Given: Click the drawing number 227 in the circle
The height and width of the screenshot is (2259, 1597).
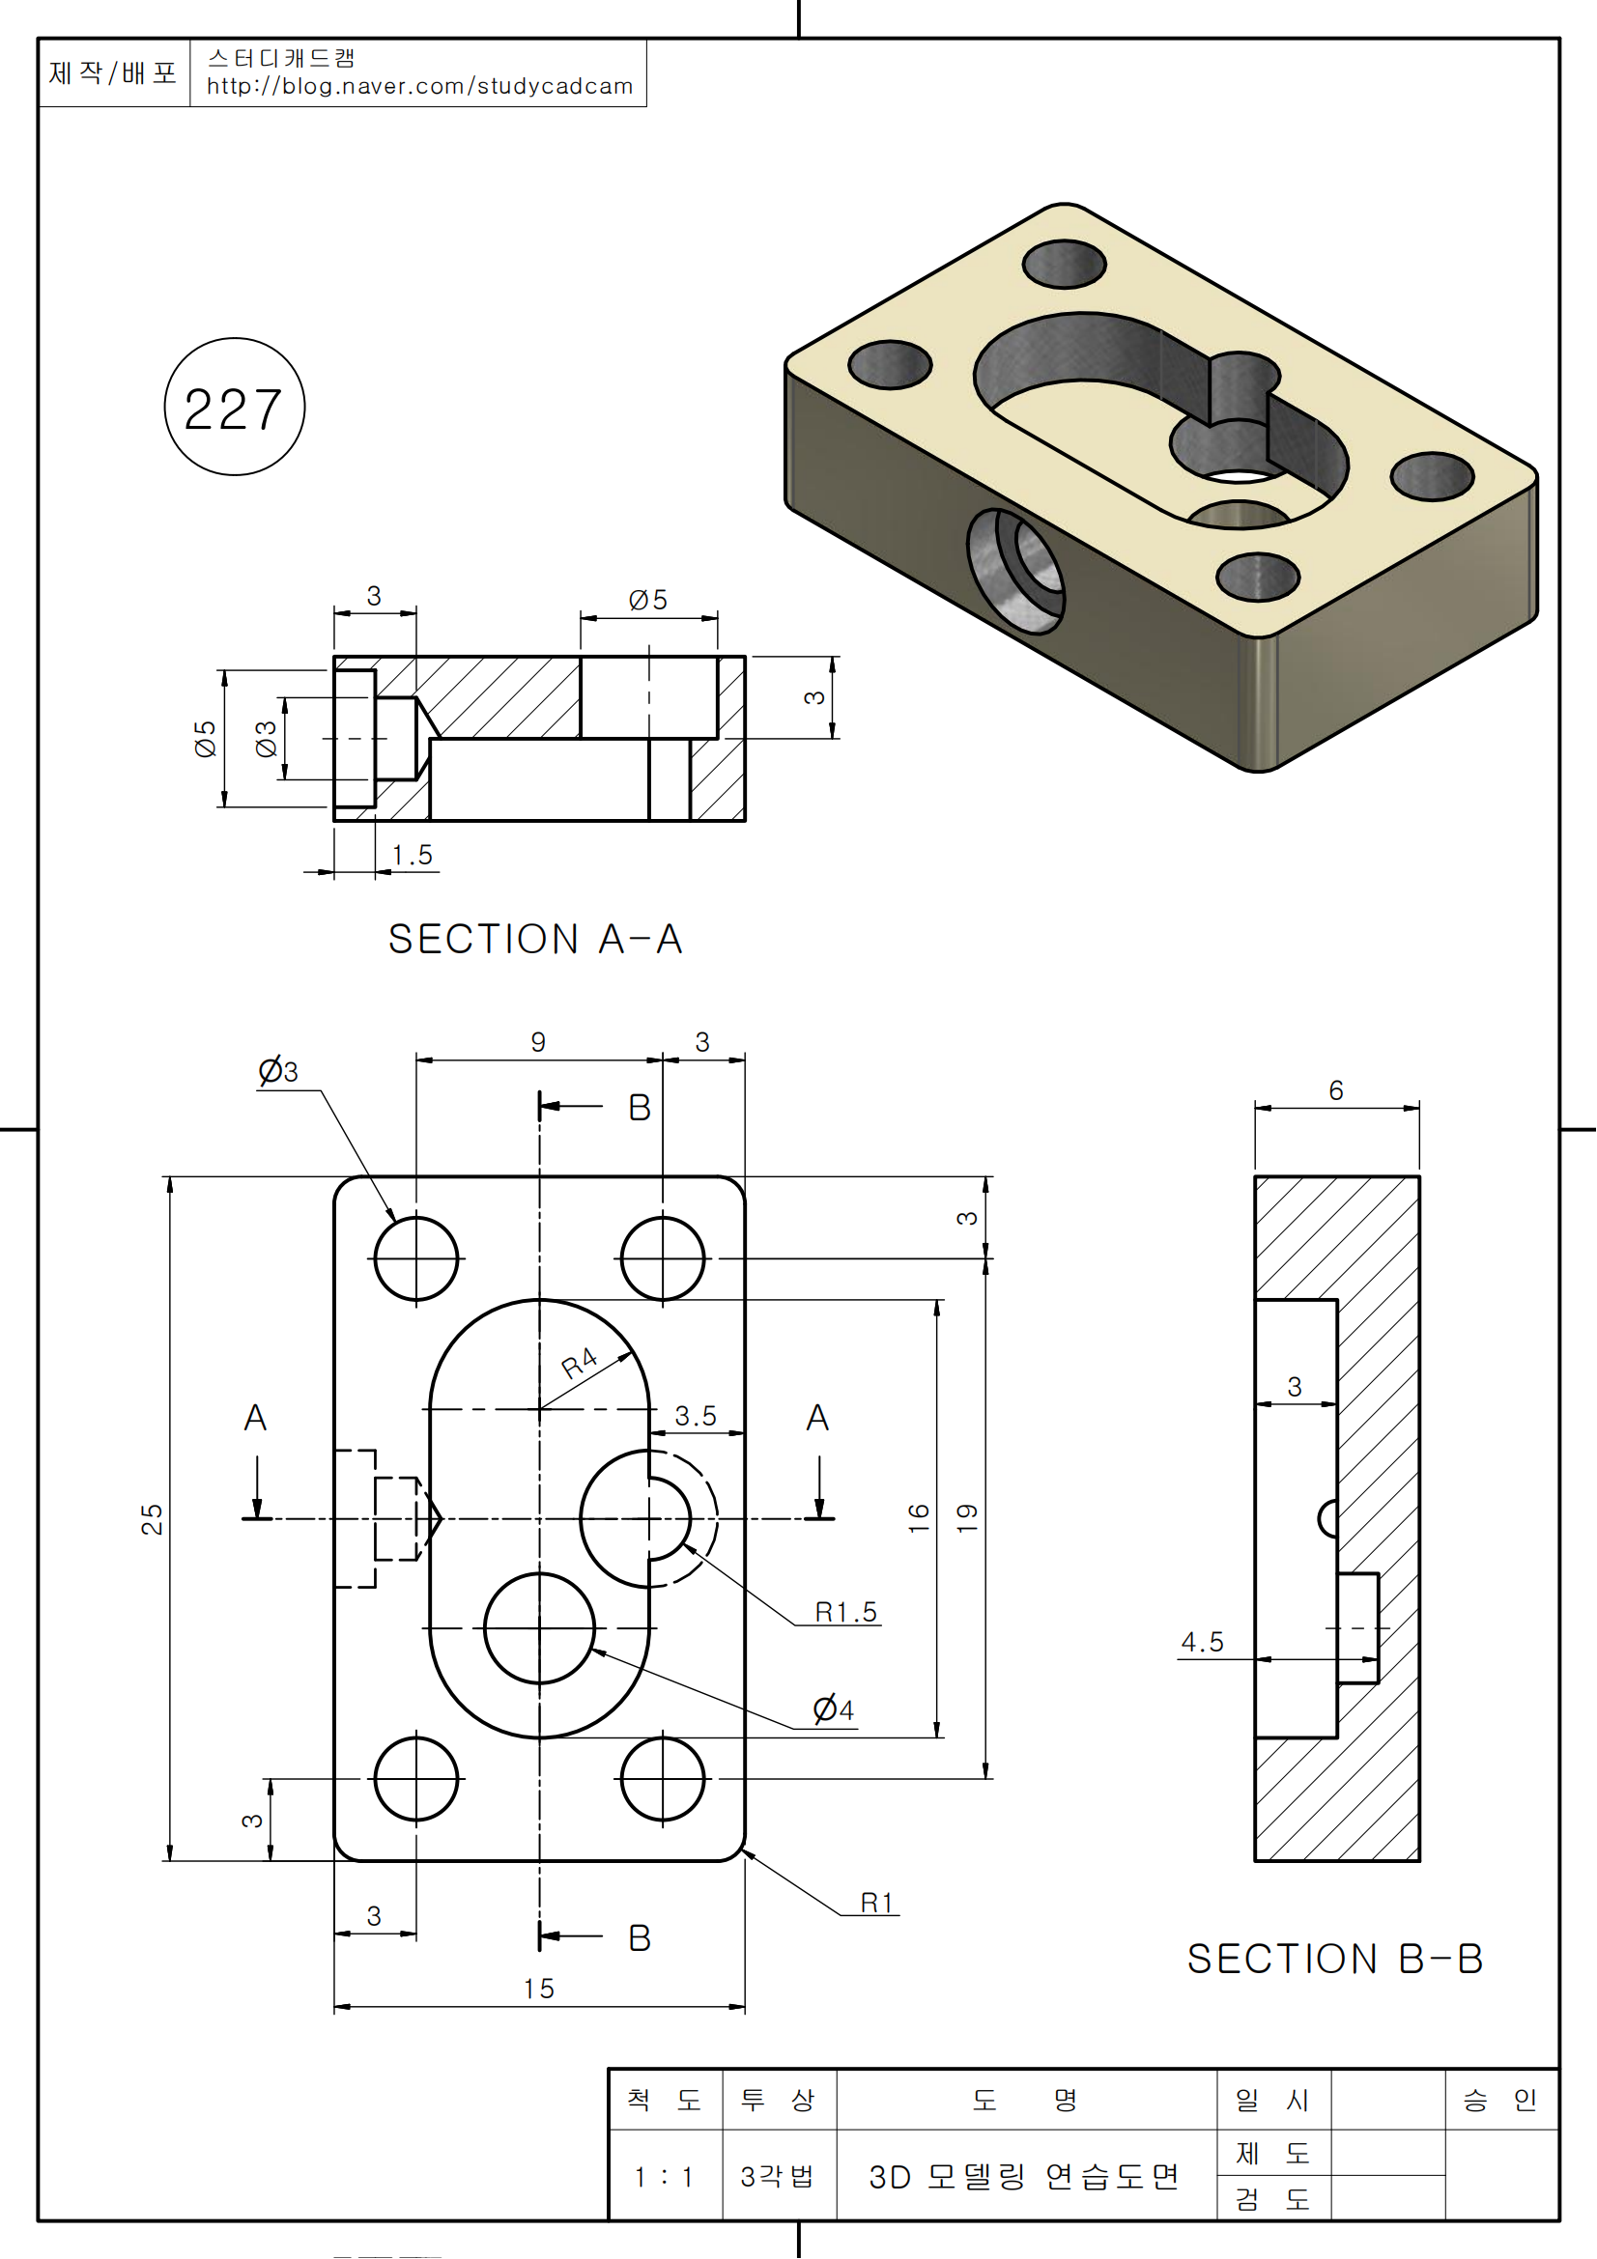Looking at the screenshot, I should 233,409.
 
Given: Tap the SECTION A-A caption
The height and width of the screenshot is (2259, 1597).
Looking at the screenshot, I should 535,940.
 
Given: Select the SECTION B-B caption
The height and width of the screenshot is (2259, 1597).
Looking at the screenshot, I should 1334,1959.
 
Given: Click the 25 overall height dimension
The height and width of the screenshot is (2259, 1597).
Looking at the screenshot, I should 152,1519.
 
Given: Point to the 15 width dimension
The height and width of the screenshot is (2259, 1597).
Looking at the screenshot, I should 538,1989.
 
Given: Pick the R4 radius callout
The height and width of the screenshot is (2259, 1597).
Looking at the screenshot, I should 580,1363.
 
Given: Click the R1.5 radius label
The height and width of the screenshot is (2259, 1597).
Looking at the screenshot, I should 845,1612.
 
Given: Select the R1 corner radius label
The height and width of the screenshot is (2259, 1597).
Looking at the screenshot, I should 875,1903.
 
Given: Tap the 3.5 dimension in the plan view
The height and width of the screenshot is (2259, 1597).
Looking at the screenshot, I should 696,1416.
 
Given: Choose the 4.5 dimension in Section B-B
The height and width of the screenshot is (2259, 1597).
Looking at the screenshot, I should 1203,1642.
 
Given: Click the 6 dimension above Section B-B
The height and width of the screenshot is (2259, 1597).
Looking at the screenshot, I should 1335,1090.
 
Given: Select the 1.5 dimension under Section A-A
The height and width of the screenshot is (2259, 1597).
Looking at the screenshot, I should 412,855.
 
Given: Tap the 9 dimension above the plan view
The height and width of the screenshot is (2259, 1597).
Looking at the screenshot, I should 538,1042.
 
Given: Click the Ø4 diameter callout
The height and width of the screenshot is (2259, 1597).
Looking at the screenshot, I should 833,1709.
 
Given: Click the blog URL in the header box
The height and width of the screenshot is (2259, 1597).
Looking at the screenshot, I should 419,87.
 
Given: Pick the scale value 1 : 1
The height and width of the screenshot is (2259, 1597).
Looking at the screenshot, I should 663,2177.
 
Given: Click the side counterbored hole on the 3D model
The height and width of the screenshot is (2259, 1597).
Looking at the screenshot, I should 1016,571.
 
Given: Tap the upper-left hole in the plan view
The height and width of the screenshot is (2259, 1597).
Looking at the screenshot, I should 416,1258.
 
